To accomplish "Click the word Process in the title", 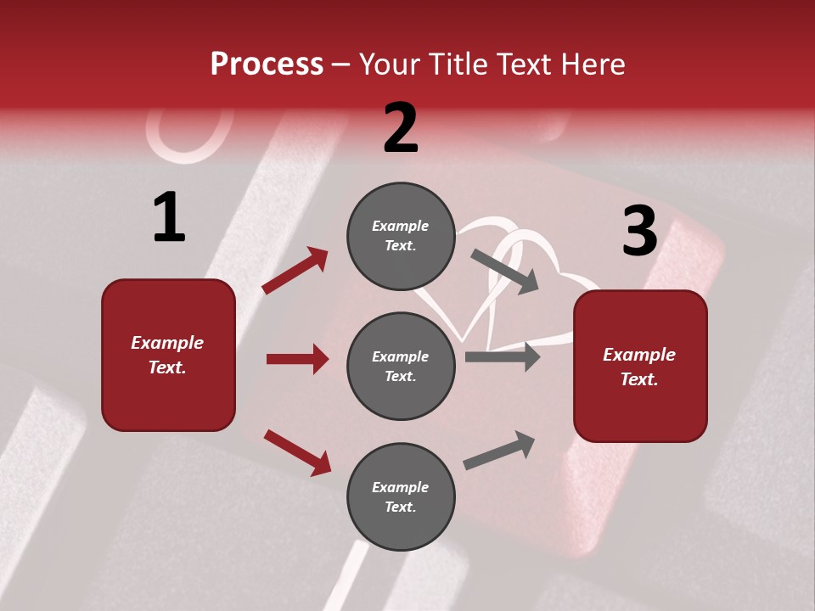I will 267,64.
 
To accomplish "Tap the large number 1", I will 169,217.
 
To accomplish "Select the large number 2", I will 401,128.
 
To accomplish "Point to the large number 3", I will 639,231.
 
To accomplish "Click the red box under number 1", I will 168,355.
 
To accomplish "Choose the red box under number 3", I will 640,366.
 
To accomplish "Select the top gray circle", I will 401,236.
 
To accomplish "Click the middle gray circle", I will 401,366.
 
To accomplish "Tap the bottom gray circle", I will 401,496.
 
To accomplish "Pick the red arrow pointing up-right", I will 295,271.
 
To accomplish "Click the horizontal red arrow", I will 297,359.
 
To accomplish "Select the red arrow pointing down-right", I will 297,452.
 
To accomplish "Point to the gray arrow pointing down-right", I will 505,272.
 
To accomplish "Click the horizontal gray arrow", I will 503,357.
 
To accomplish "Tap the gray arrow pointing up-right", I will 499,451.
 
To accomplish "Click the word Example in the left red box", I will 167,343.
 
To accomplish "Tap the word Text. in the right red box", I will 639,379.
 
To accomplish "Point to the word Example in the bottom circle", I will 401,487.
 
